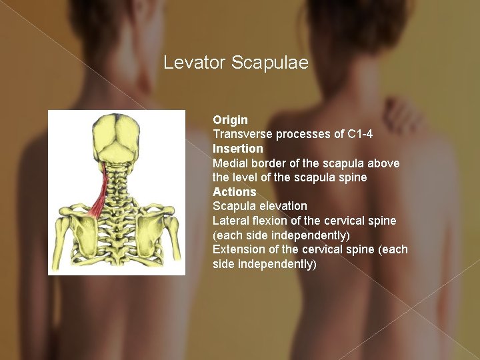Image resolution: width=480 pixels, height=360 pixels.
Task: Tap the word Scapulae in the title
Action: tap(270, 63)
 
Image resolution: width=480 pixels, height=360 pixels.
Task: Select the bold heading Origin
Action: tap(230, 120)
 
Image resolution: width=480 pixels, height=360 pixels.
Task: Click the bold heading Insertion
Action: tap(238, 149)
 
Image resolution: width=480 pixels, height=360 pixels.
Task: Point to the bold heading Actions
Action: tap(234, 192)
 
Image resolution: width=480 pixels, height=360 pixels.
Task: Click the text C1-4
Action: tap(360, 134)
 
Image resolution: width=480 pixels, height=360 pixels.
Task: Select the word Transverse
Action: tap(243, 134)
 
